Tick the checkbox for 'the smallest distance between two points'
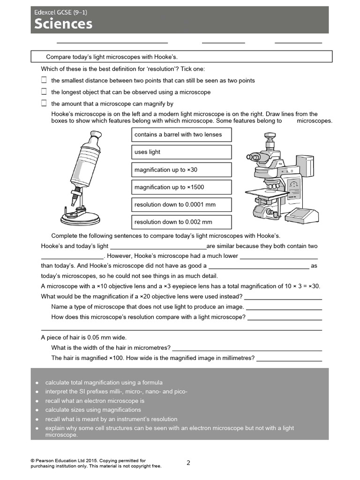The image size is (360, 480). coord(44,80)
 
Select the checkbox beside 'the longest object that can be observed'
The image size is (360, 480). coord(44,92)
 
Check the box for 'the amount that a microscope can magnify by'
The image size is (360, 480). coord(44,104)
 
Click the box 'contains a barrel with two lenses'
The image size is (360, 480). coord(181,135)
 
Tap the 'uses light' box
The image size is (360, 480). coord(181,152)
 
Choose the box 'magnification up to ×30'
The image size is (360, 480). coord(181,170)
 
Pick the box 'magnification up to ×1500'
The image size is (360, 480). coord(181,187)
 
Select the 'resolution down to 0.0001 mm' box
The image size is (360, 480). coord(181,204)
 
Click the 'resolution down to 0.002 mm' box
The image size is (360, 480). coord(181,222)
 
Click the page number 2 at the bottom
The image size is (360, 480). coord(188,463)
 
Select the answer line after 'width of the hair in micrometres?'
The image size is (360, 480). coord(247,348)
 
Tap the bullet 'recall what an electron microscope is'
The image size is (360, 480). coord(95,401)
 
